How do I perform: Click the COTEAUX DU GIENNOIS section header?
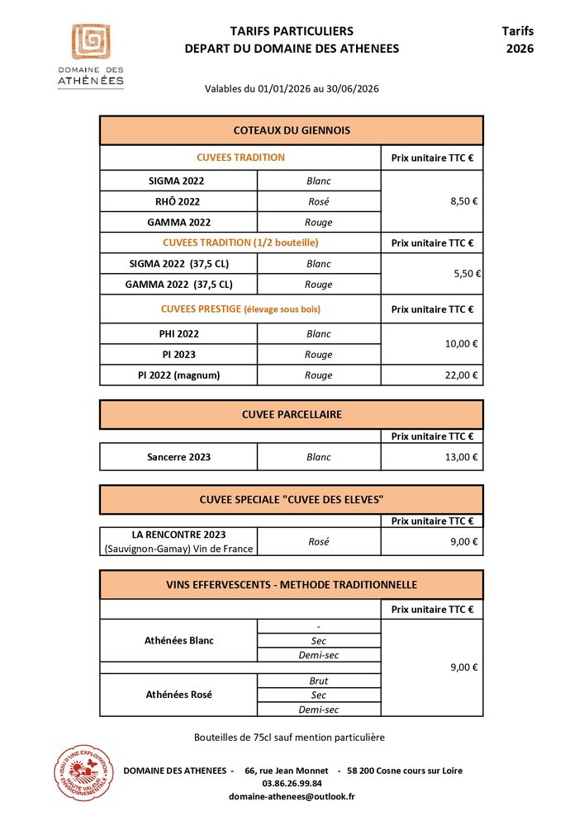tap(292, 130)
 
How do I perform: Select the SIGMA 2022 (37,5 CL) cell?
tap(178, 264)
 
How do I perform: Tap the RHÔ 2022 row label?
tap(178, 201)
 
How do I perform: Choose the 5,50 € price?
tap(467, 274)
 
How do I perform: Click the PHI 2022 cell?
tap(178, 334)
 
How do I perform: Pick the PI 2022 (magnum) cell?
tap(178, 375)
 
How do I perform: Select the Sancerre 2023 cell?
tap(178, 457)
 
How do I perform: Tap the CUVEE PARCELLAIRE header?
tap(292, 414)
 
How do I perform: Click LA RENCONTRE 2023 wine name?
tap(178, 535)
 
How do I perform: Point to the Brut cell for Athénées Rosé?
tap(319, 681)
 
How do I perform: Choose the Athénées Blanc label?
tap(178, 640)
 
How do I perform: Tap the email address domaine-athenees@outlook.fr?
tap(292, 797)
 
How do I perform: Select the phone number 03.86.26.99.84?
tap(292, 784)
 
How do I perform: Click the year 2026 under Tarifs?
tap(520, 49)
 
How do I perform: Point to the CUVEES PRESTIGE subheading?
tap(240, 309)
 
